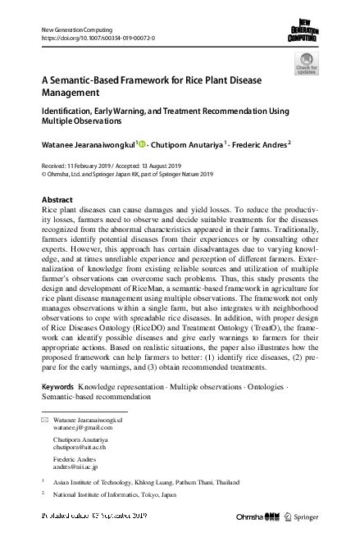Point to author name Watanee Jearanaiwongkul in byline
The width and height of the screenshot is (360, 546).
(x=87, y=145)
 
